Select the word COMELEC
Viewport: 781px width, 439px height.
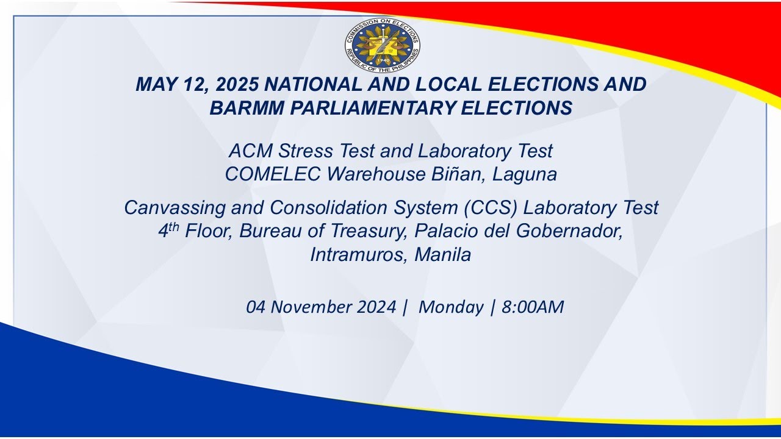tap(273, 174)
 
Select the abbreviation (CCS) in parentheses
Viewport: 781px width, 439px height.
tap(491, 208)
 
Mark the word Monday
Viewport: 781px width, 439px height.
tap(450, 307)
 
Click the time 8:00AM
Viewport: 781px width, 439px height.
tap(532, 307)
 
